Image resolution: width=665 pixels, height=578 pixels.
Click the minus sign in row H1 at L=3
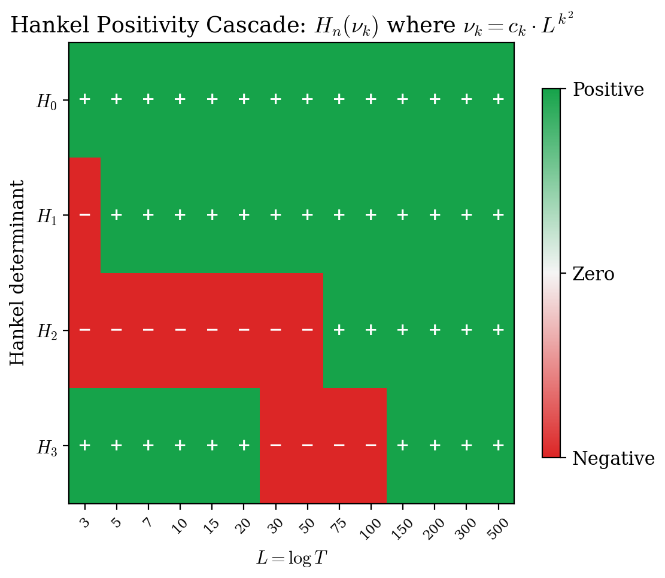[x=84, y=214]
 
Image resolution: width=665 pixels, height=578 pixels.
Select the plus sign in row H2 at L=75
[x=339, y=329]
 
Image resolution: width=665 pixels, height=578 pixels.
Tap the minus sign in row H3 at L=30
[x=275, y=445]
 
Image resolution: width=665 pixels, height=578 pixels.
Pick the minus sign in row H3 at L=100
[x=371, y=445]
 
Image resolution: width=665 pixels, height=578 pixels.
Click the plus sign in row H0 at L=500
[x=498, y=99]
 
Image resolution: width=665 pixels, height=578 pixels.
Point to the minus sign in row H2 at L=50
[x=308, y=329]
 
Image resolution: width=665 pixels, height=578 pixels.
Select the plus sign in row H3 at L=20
[x=244, y=445]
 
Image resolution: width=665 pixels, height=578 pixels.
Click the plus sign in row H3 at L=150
[x=403, y=445]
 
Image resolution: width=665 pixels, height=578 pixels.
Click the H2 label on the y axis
[x=47, y=332]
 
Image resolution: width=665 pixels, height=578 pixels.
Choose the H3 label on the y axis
[x=47, y=447]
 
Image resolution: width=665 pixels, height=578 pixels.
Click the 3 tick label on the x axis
[x=84, y=521]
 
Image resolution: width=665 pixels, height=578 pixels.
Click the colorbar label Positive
[x=608, y=90]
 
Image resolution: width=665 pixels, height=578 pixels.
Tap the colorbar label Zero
[x=593, y=274]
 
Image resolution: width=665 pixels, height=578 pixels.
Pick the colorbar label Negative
[x=613, y=459]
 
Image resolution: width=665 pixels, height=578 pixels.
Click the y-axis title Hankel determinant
[x=18, y=273]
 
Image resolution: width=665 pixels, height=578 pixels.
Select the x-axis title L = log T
[x=291, y=558]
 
